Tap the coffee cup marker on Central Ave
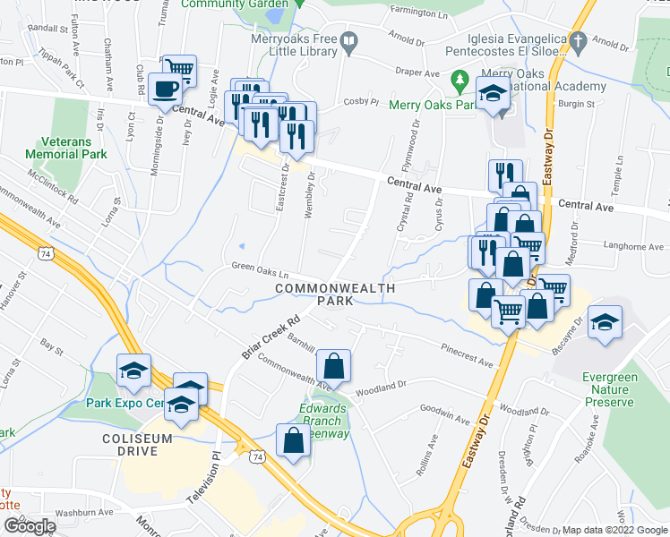[x=167, y=89]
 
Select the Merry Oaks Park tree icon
[x=461, y=84]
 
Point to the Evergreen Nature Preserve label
[x=610, y=389]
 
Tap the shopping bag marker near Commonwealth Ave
[x=333, y=366]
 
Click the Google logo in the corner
[x=30, y=526]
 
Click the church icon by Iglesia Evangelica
[x=578, y=41]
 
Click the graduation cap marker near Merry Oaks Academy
[x=492, y=95]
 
